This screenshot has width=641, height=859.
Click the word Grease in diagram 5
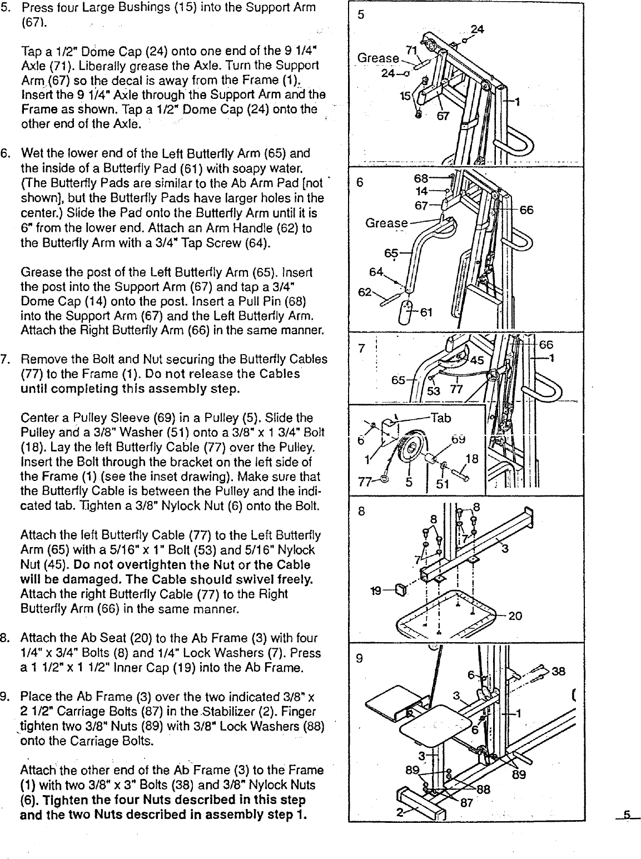(378, 58)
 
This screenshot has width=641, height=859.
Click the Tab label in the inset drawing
(441, 418)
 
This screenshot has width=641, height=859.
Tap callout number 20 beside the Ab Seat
(515, 615)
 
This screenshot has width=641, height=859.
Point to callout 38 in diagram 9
(559, 671)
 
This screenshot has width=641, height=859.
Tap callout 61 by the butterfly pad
(426, 312)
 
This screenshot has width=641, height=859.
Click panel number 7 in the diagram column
(361, 349)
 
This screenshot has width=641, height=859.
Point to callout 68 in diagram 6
(421, 178)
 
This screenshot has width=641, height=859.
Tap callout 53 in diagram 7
(433, 391)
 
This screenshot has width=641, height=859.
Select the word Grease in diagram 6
(386, 223)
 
